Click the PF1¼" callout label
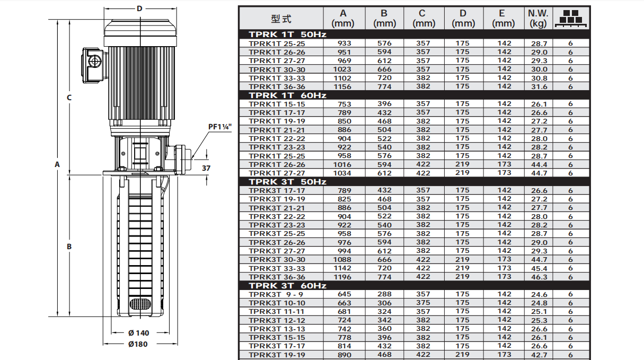(220, 127)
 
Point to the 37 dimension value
(207, 168)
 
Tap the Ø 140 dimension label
(139, 333)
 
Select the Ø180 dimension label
(138, 344)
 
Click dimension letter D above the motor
(140, 8)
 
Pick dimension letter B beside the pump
(69, 247)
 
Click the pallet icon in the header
(571, 17)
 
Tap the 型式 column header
(281, 19)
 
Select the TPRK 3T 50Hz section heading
(288, 182)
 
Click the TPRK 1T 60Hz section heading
(288, 95)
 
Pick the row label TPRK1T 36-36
(277, 86)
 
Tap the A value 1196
(342, 277)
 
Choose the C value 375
(423, 303)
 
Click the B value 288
(384, 294)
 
